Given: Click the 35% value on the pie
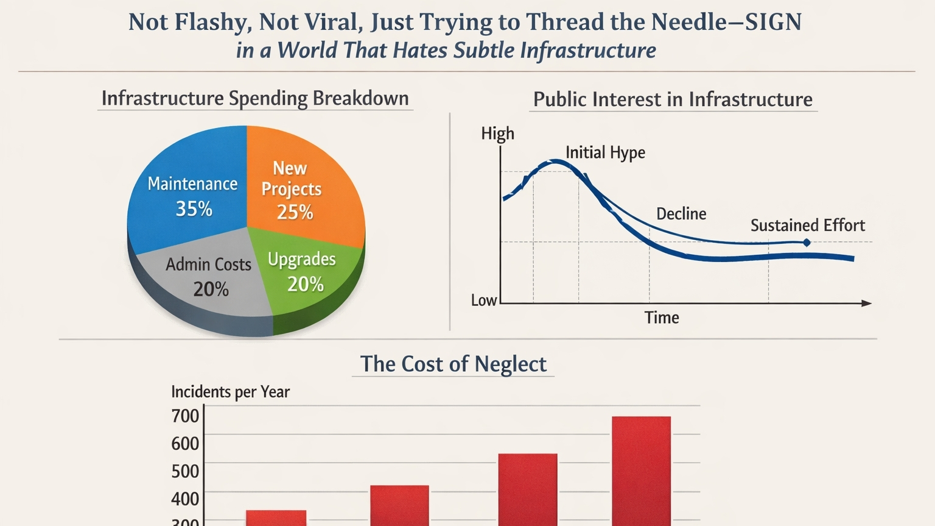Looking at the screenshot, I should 194,209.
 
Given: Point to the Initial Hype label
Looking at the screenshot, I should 605,152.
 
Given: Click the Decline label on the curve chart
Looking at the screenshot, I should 681,214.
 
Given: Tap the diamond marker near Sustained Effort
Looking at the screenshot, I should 807,243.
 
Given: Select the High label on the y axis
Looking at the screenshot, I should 497,133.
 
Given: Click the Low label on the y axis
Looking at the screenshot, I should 484,300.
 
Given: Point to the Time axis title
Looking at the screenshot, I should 662,318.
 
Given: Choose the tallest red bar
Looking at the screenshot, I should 641,469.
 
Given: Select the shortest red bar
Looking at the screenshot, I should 276,517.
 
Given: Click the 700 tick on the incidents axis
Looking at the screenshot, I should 185,416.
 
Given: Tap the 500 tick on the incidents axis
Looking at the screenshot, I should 185,471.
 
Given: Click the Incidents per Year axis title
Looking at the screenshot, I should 230,392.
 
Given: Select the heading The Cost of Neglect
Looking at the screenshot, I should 453,364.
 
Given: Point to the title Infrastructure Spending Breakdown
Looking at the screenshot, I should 255,99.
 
